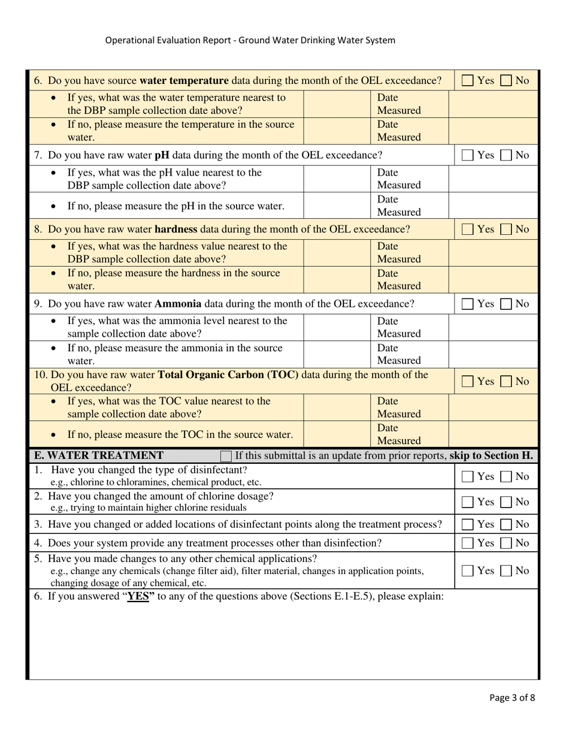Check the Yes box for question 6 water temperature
(x=468, y=80)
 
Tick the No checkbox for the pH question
(x=506, y=155)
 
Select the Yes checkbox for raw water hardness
(x=468, y=229)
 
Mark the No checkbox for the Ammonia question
(x=506, y=304)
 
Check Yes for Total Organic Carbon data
(x=468, y=381)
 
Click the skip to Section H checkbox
(x=226, y=456)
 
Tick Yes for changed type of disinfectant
(x=468, y=477)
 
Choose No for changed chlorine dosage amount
(x=506, y=502)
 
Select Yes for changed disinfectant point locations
(x=468, y=524)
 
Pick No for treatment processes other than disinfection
(x=506, y=543)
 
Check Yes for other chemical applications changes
(x=468, y=570)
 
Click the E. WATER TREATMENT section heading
(x=99, y=455)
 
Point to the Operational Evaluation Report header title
(x=250, y=40)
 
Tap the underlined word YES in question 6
(x=138, y=596)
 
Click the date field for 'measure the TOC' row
(x=493, y=434)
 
